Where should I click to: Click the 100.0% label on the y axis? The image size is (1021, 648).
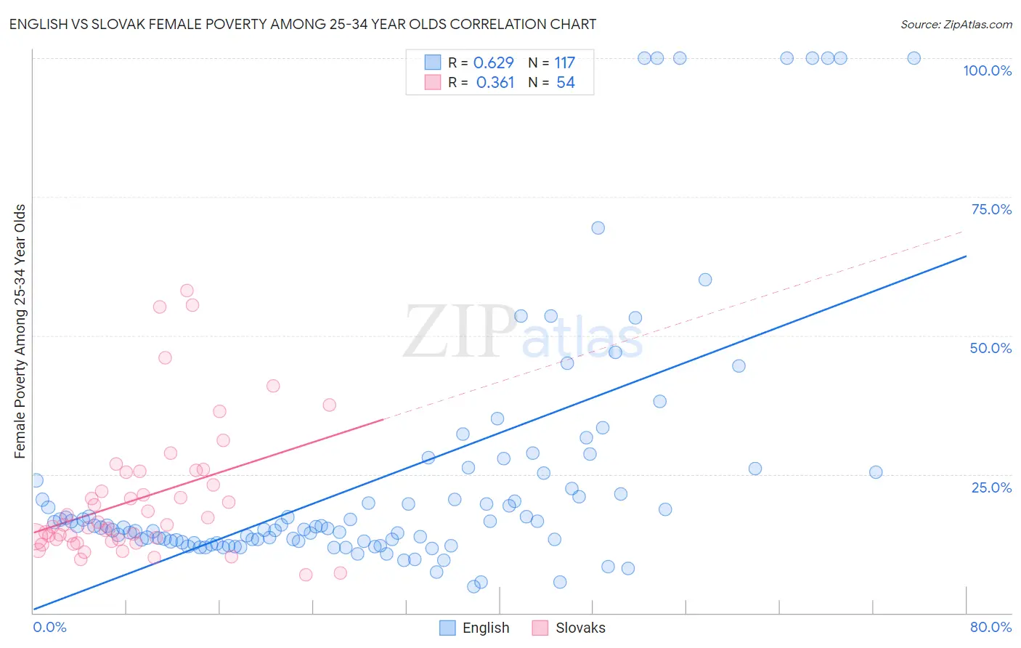pyautogui.click(x=987, y=70)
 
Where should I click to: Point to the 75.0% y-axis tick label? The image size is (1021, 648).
pyautogui.click(x=991, y=209)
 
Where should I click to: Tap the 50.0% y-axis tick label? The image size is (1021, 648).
pyautogui.click(x=991, y=348)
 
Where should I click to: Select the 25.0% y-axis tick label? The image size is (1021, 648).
pyautogui.click(x=991, y=487)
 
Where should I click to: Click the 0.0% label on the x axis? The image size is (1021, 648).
pyautogui.click(x=49, y=627)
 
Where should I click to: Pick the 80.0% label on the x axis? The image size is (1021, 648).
pyautogui.click(x=991, y=627)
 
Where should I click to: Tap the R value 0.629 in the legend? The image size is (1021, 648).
pyautogui.click(x=493, y=62)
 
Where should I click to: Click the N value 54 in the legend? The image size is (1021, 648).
pyautogui.click(x=565, y=83)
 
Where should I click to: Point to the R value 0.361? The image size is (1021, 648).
pyautogui.click(x=495, y=83)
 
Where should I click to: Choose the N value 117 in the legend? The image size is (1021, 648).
pyautogui.click(x=564, y=62)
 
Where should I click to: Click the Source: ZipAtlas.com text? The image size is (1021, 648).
pyautogui.click(x=956, y=24)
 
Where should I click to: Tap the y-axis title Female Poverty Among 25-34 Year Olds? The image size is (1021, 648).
pyautogui.click(x=20, y=331)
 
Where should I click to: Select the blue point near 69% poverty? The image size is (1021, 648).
pyautogui.click(x=598, y=228)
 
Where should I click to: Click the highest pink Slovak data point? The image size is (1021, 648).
pyautogui.click(x=187, y=291)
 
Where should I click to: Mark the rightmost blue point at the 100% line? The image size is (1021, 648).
pyautogui.click(x=914, y=58)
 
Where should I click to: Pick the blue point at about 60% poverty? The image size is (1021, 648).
pyautogui.click(x=704, y=280)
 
